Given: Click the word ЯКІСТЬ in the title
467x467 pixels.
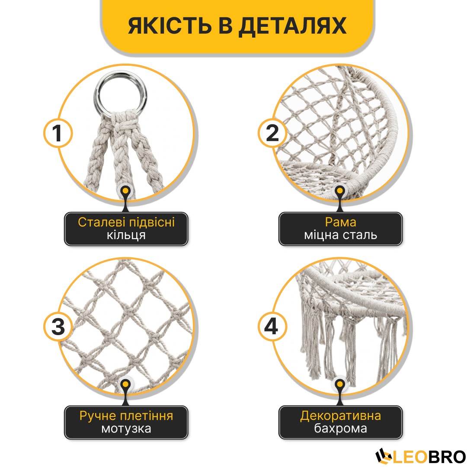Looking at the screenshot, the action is pyautogui.click(x=170, y=26).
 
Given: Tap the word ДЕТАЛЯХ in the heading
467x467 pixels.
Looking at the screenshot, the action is pyautogui.click(x=292, y=26).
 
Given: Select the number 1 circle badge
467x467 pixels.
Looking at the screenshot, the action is pyautogui.click(x=58, y=133).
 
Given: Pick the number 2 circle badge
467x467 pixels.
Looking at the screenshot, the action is pyautogui.click(x=272, y=133).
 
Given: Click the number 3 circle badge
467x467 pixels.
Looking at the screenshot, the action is pyautogui.click(x=58, y=326).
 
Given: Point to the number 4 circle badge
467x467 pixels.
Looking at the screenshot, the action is pyautogui.click(x=272, y=326).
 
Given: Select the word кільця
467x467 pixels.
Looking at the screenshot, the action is pyautogui.click(x=126, y=235).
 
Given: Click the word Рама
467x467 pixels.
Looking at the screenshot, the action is pyautogui.click(x=340, y=223).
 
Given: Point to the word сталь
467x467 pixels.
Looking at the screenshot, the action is pyautogui.click(x=360, y=235).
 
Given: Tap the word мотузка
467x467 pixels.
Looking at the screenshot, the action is pyautogui.click(x=126, y=429).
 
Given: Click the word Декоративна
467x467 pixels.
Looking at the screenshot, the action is pyautogui.click(x=340, y=416).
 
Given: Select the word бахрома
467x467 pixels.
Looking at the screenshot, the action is pyautogui.click(x=340, y=429).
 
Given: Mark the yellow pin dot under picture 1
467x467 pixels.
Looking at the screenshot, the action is pyautogui.click(x=126, y=191).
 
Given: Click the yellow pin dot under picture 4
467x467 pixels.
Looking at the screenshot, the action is pyautogui.click(x=339, y=384).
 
